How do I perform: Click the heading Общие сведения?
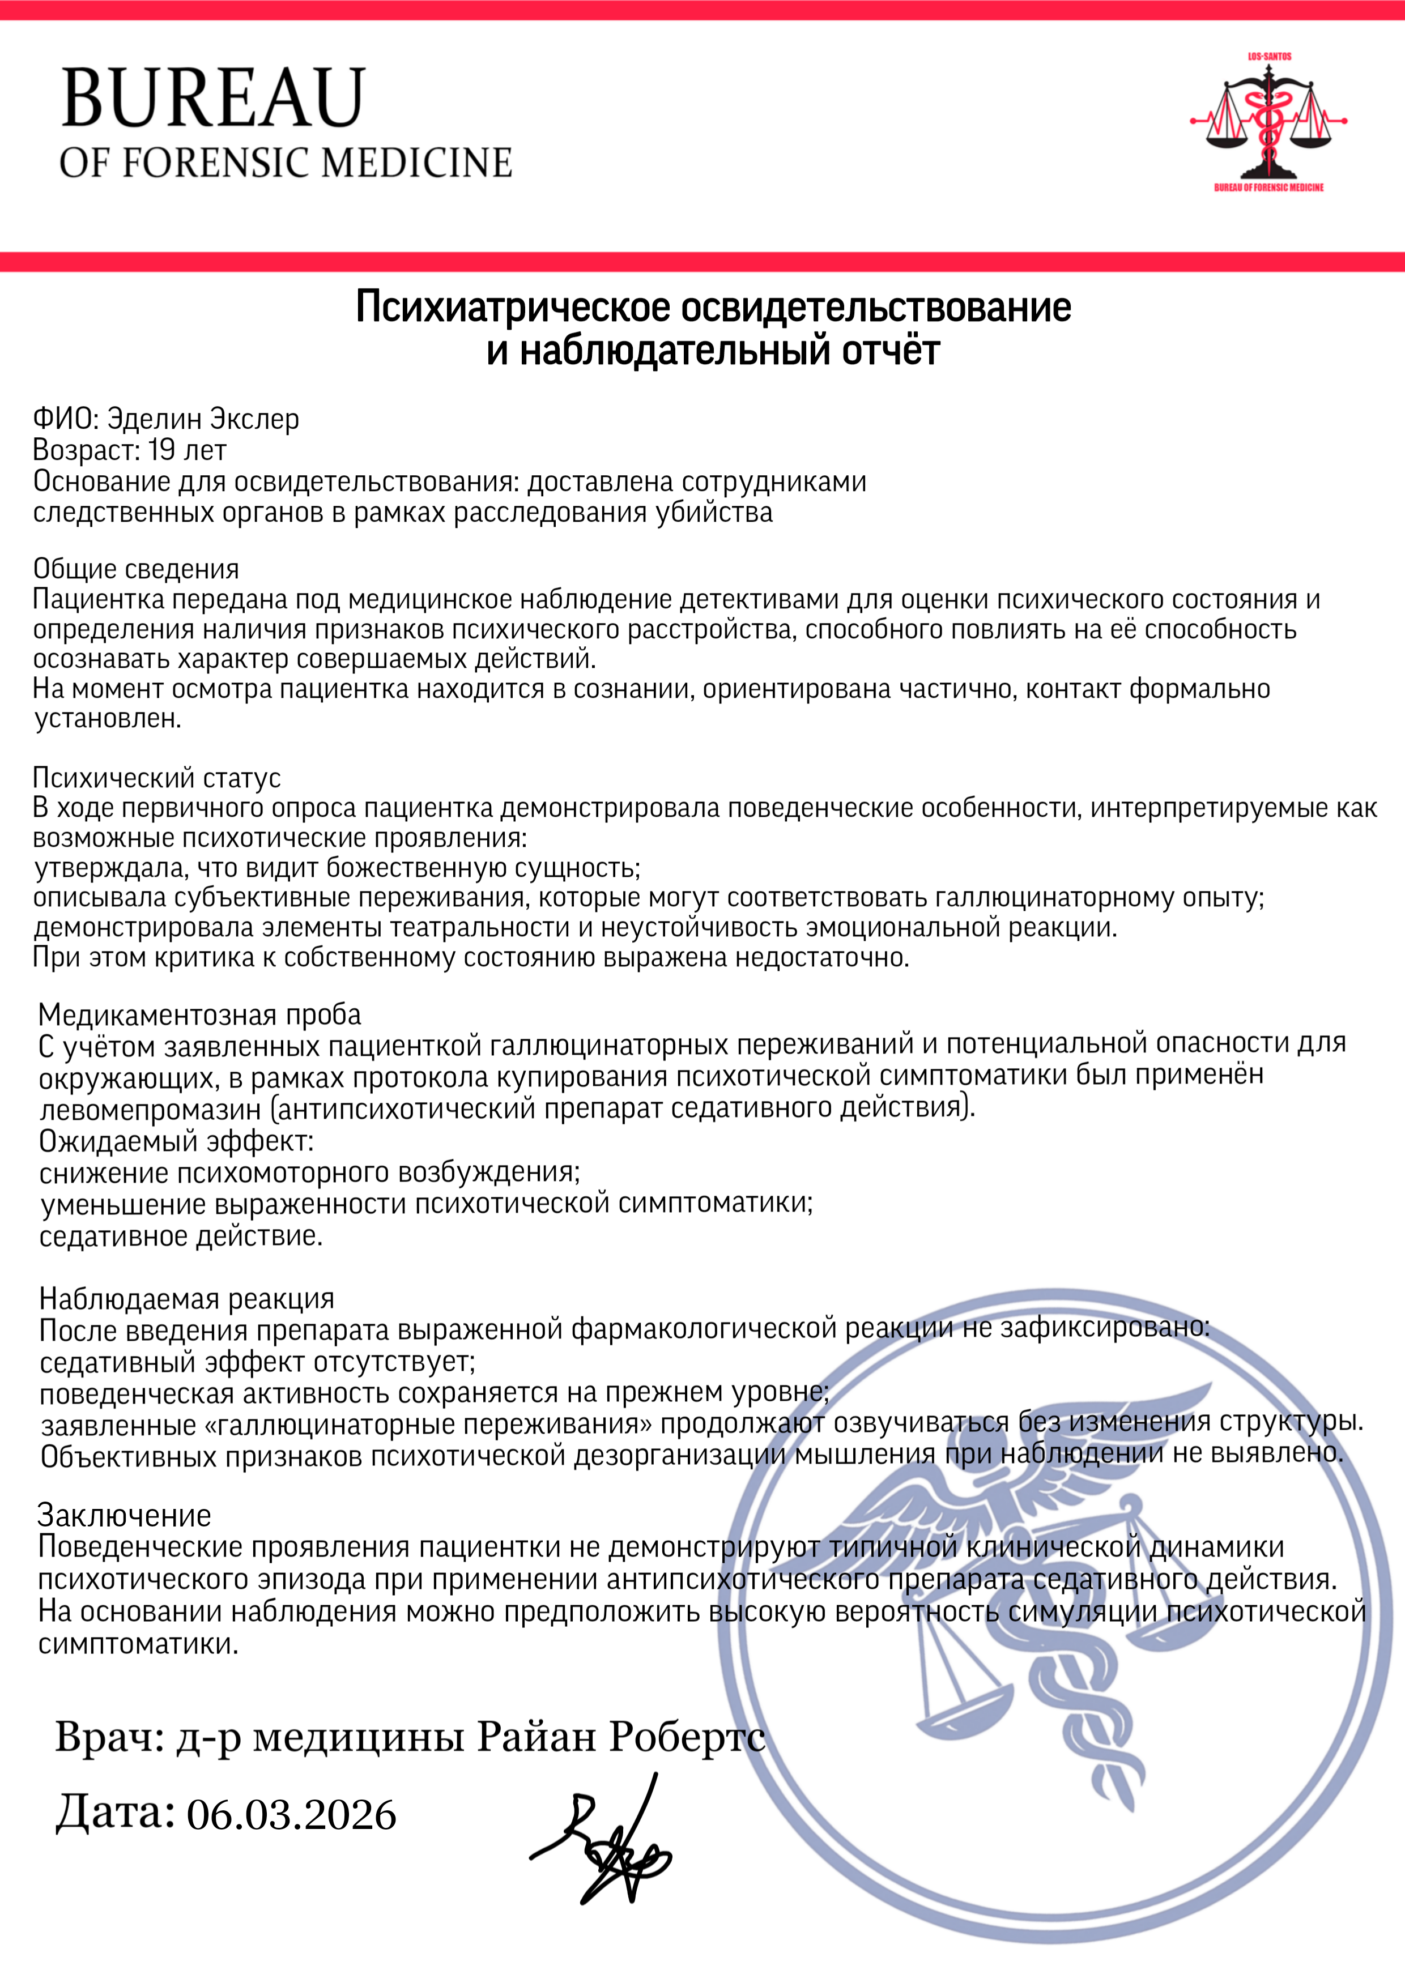coord(136,569)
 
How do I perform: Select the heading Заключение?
coord(124,1515)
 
